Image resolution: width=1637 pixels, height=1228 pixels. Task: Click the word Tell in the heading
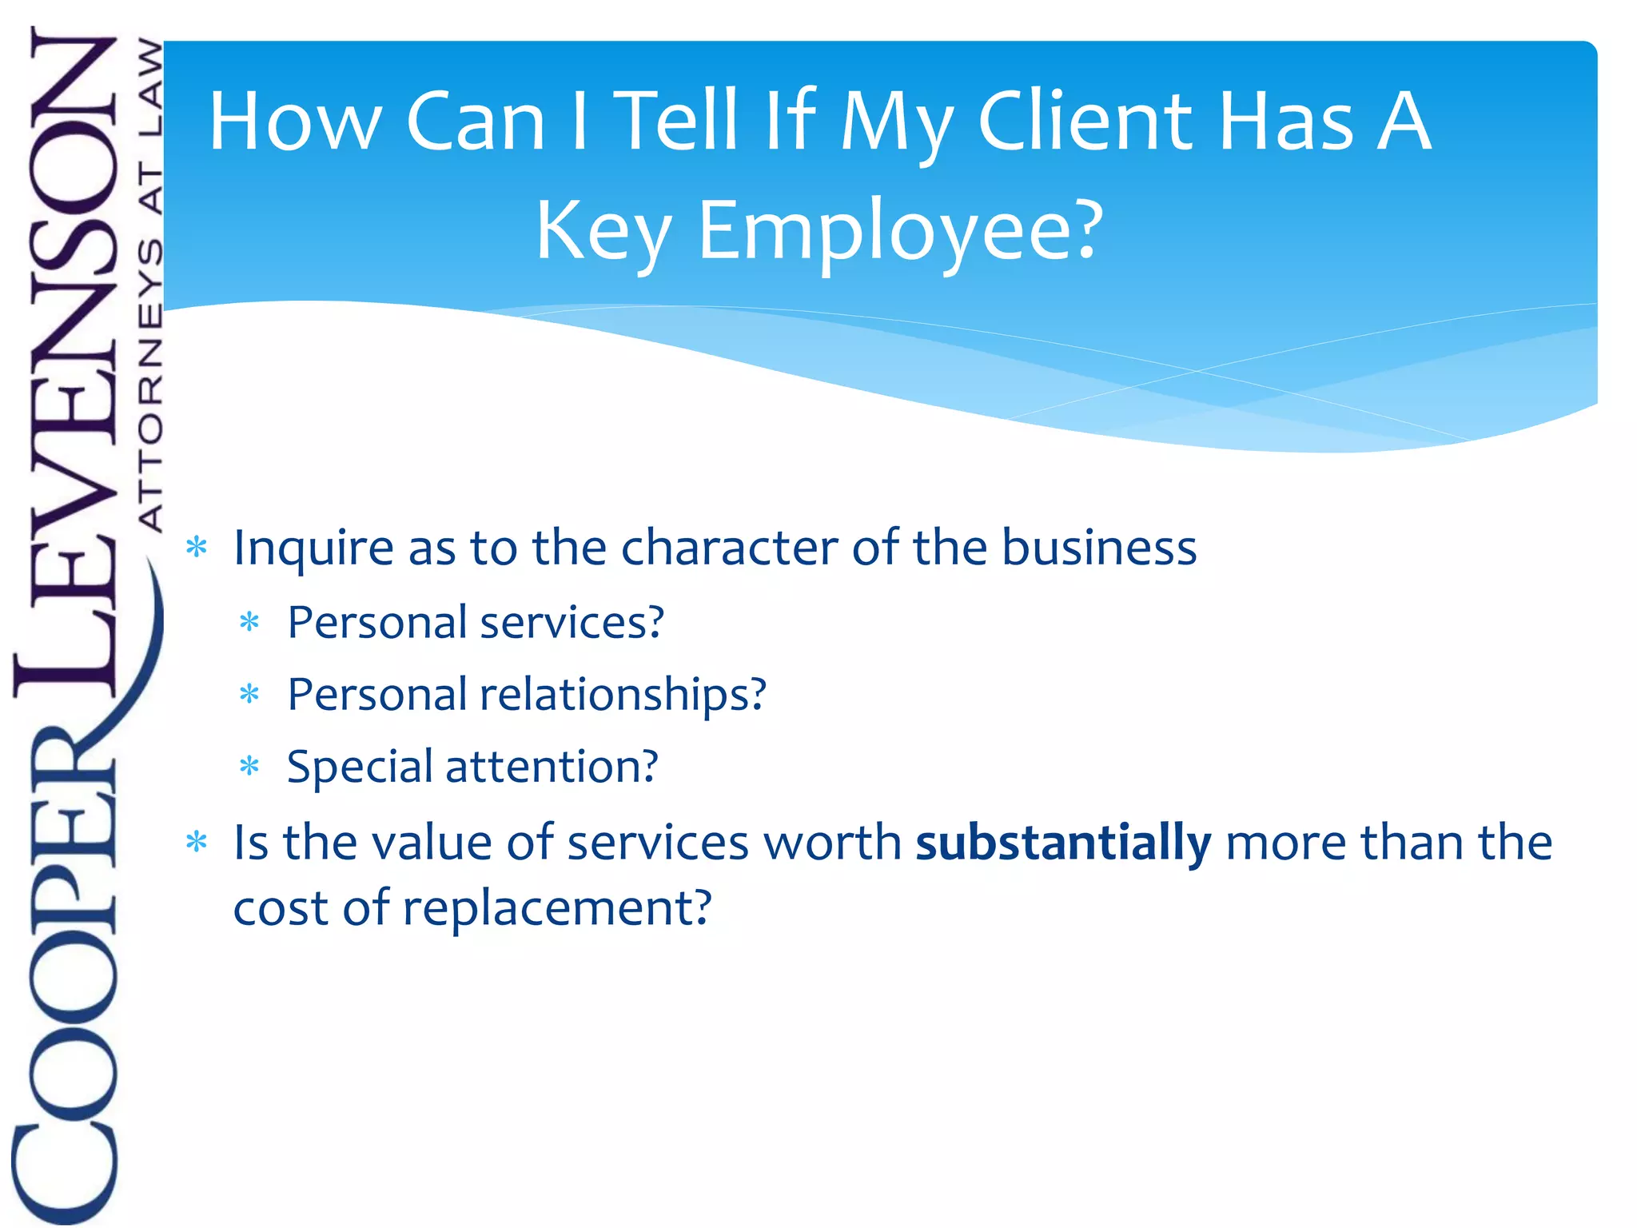(678, 122)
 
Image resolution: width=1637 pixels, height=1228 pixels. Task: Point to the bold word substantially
(1063, 843)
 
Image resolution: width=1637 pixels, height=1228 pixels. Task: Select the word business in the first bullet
(1099, 548)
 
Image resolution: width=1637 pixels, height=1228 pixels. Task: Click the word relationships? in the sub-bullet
(623, 694)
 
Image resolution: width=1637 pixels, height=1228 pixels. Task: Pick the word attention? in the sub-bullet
(552, 767)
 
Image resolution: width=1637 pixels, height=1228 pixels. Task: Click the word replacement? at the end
(556, 908)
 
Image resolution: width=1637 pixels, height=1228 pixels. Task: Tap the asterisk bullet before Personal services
(250, 622)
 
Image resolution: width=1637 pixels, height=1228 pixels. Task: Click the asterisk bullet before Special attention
(250, 767)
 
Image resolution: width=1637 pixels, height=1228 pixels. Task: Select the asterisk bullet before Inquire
(196, 548)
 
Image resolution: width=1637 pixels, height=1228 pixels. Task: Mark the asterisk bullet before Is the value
(196, 842)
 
